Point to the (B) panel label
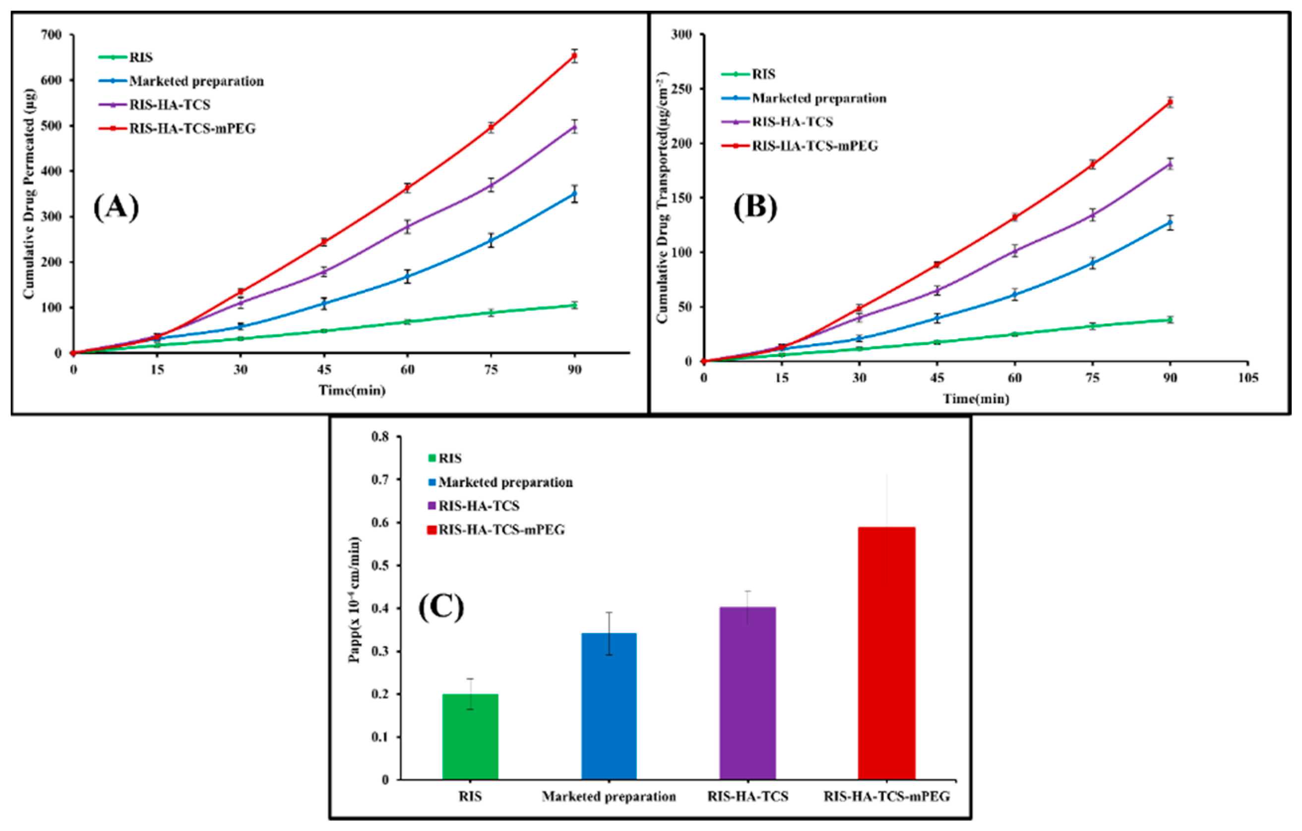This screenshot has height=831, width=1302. tap(755, 207)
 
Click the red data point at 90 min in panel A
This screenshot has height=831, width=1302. tap(574, 56)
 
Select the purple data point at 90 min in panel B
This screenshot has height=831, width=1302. tap(1170, 164)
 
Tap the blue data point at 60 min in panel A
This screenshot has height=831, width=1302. tap(407, 276)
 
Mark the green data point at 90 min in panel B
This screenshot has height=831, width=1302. tap(1170, 320)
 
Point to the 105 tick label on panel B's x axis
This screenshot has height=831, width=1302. tap(1247, 378)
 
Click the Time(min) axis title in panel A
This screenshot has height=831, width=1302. tap(352, 390)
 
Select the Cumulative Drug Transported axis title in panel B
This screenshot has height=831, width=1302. tap(663, 197)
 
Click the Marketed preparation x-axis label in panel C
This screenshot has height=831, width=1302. tap(609, 796)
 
